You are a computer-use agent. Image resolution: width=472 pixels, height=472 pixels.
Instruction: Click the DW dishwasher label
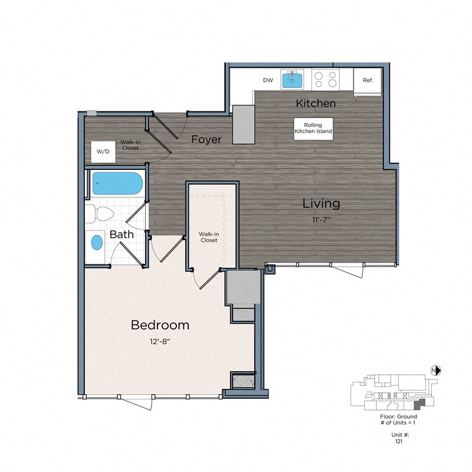tap(268, 80)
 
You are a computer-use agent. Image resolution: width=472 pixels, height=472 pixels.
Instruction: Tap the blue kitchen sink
tap(292, 79)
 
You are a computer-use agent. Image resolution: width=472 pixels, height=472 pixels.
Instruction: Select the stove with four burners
tap(325, 79)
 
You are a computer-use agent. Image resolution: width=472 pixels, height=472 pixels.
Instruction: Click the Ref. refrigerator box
tap(368, 80)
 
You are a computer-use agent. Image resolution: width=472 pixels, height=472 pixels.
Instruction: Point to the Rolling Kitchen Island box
tap(313, 129)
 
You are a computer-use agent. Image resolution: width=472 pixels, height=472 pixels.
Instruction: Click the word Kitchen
tap(316, 103)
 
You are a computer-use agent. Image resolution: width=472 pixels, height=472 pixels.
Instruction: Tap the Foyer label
tap(206, 140)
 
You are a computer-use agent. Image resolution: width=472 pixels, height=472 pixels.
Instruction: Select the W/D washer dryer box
tap(103, 152)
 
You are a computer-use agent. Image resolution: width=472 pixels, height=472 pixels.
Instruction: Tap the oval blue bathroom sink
tap(96, 242)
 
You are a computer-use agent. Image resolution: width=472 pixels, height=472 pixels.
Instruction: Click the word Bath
tap(122, 234)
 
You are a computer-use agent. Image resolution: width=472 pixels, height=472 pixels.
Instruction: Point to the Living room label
tap(321, 204)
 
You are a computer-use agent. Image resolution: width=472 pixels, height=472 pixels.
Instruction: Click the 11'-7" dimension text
tap(321, 219)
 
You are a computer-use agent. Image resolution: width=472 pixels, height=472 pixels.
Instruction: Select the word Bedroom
tap(160, 325)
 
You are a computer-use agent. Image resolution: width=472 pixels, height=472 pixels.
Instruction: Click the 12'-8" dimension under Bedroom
tap(160, 340)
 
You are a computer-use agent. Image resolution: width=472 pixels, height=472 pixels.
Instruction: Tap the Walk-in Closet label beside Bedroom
tap(208, 237)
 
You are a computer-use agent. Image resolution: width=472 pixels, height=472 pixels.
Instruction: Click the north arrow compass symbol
tap(437, 371)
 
